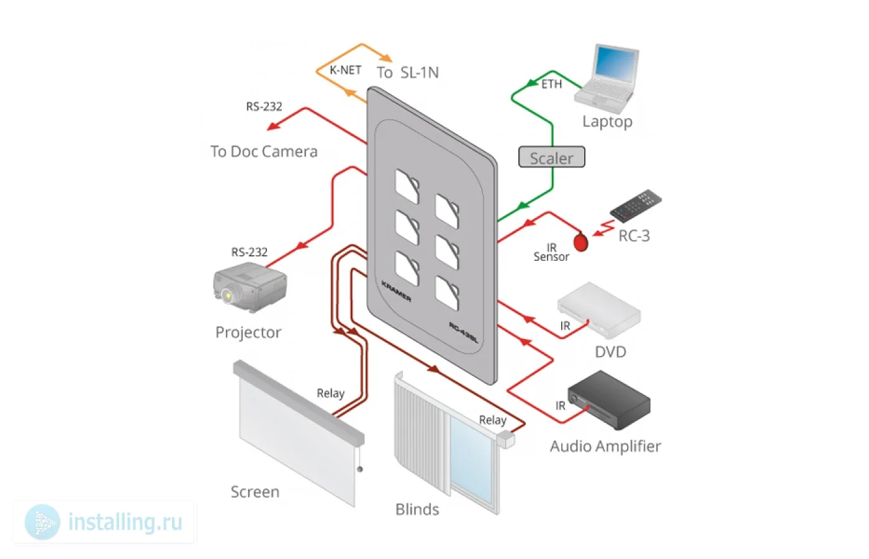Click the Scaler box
[x=551, y=158]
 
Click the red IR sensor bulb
[x=581, y=242]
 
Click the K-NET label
[x=345, y=71]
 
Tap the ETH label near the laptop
[x=551, y=84]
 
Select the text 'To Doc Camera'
[x=264, y=152]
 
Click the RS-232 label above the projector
[x=250, y=252]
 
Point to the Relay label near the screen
[x=330, y=393]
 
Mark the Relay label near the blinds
[x=492, y=420]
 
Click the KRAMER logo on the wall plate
[x=396, y=291]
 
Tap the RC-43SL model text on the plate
[x=463, y=333]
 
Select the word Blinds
[x=417, y=510]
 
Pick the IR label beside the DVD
[x=565, y=326]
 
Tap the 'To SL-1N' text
[x=407, y=73]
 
